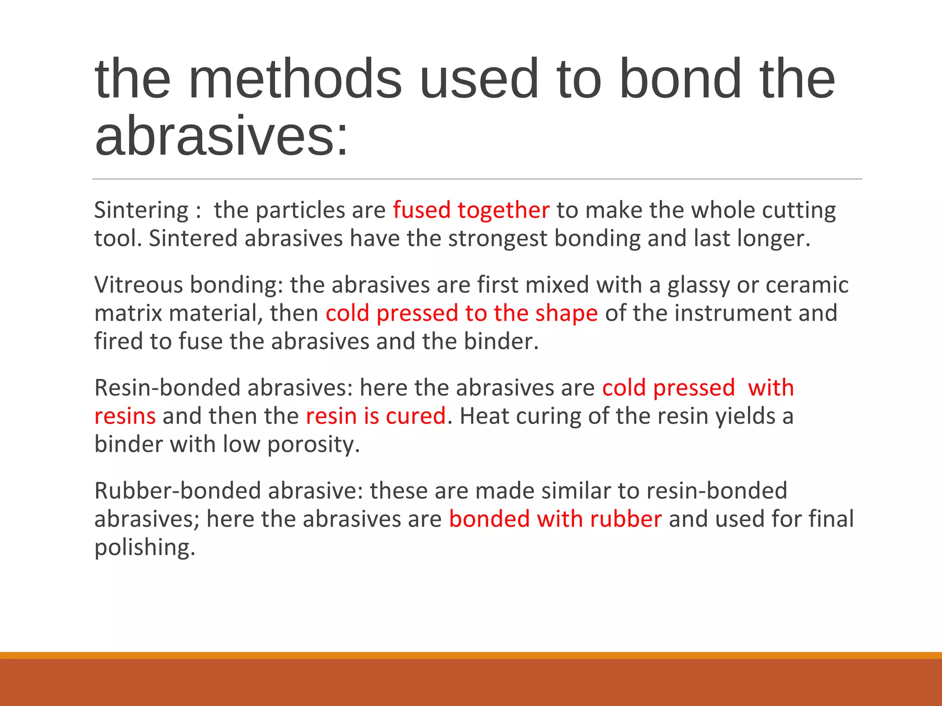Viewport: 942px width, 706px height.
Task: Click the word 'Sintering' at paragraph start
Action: coord(141,211)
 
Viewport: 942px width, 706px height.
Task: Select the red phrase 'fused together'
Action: coord(471,211)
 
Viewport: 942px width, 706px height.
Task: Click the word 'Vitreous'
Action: coord(139,285)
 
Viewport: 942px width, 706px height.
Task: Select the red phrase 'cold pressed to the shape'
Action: coord(461,313)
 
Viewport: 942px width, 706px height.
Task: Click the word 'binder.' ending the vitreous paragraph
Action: coord(501,342)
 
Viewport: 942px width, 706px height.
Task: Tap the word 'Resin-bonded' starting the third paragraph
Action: coord(167,387)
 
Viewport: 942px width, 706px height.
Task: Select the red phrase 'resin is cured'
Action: coord(375,416)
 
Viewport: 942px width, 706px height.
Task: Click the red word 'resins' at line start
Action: coord(125,416)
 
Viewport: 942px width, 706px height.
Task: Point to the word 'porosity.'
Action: coord(313,445)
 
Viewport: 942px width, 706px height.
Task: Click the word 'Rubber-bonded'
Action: coord(178,490)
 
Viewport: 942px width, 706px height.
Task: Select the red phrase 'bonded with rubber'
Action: coord(555,519)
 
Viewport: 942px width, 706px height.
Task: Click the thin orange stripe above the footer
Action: coord(471,655)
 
